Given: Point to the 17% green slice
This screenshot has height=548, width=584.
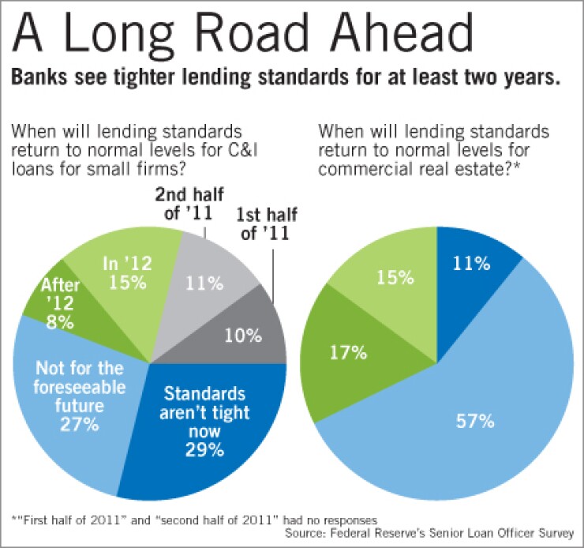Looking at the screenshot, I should click(348, 351).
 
